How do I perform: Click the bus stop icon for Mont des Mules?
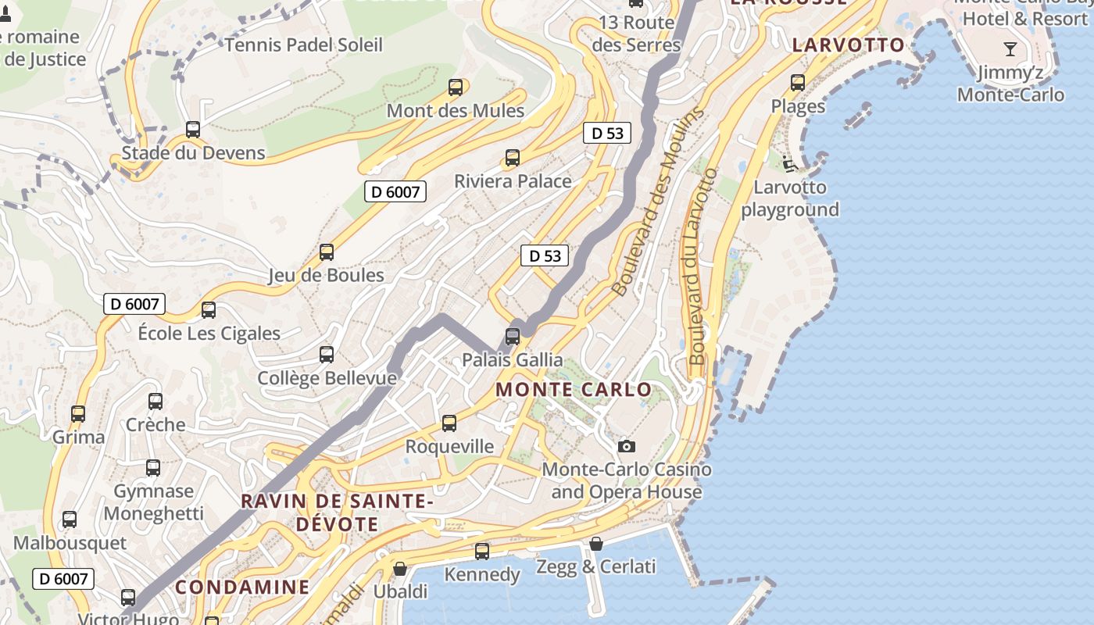point(456,87)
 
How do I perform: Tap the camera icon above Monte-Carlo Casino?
point(626,447)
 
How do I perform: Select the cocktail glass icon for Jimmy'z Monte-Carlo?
point(1010,50)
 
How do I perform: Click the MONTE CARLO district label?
point(574,389)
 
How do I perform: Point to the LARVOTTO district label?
point(849,45)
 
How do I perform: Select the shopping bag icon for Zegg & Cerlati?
point(596,544)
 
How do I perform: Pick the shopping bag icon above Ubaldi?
point(400,569)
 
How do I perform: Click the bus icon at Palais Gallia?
point(513,337)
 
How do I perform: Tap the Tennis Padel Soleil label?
point(304,45)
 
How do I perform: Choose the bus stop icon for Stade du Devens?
point(193,130)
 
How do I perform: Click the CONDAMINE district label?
point(242,587)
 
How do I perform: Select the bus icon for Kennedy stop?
point(482,552)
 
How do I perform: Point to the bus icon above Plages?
point(798,83)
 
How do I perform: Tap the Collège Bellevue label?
point(327,378)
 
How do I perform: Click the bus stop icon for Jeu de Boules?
point(327,252)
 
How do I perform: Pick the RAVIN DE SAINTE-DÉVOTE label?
point(337,512)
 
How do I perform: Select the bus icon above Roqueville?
point(449,423)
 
